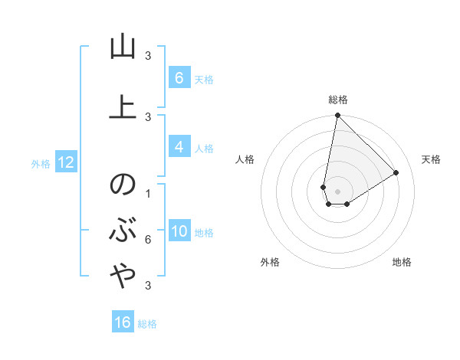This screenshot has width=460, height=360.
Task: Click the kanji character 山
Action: pos(122,47)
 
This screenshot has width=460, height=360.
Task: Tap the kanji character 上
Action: pos(122,106)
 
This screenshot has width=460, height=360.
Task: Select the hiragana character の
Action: pos(122,186)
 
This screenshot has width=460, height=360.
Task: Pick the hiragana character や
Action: pos(122,277)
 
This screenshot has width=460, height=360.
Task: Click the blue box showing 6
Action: pos(179,78)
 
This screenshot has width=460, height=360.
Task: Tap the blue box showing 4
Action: pos(179,148)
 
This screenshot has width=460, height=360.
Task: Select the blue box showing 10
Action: pos(179,232)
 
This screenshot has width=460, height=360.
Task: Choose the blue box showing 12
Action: pos(65,162)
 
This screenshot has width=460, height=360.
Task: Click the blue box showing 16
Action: pos(123,322)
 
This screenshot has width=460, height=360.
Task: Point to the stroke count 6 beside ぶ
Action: pos(148,240)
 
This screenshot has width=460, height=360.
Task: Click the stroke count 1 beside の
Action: pos(148,193)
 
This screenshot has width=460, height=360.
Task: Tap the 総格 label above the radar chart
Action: pos(338,100)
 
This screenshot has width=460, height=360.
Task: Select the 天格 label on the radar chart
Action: pos(431,159)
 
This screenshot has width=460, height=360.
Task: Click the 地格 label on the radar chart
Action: pos(402,262)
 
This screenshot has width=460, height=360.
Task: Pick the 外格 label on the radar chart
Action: pos(270,262)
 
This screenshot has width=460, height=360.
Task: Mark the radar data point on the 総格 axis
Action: pos(337,116)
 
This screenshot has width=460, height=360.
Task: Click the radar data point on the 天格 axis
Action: pos(396,172)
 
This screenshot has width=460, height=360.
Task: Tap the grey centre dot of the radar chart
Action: pos(337,191)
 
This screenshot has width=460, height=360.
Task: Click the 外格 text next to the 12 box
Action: pos(41,163)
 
